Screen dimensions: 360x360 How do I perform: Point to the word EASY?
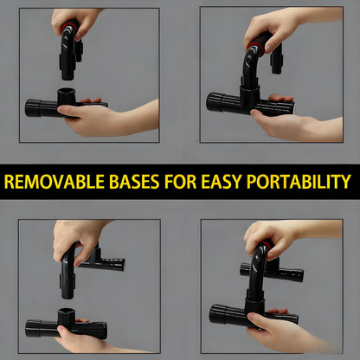229,183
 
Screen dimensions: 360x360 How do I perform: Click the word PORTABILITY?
303,183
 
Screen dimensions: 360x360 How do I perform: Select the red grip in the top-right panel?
256,40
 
